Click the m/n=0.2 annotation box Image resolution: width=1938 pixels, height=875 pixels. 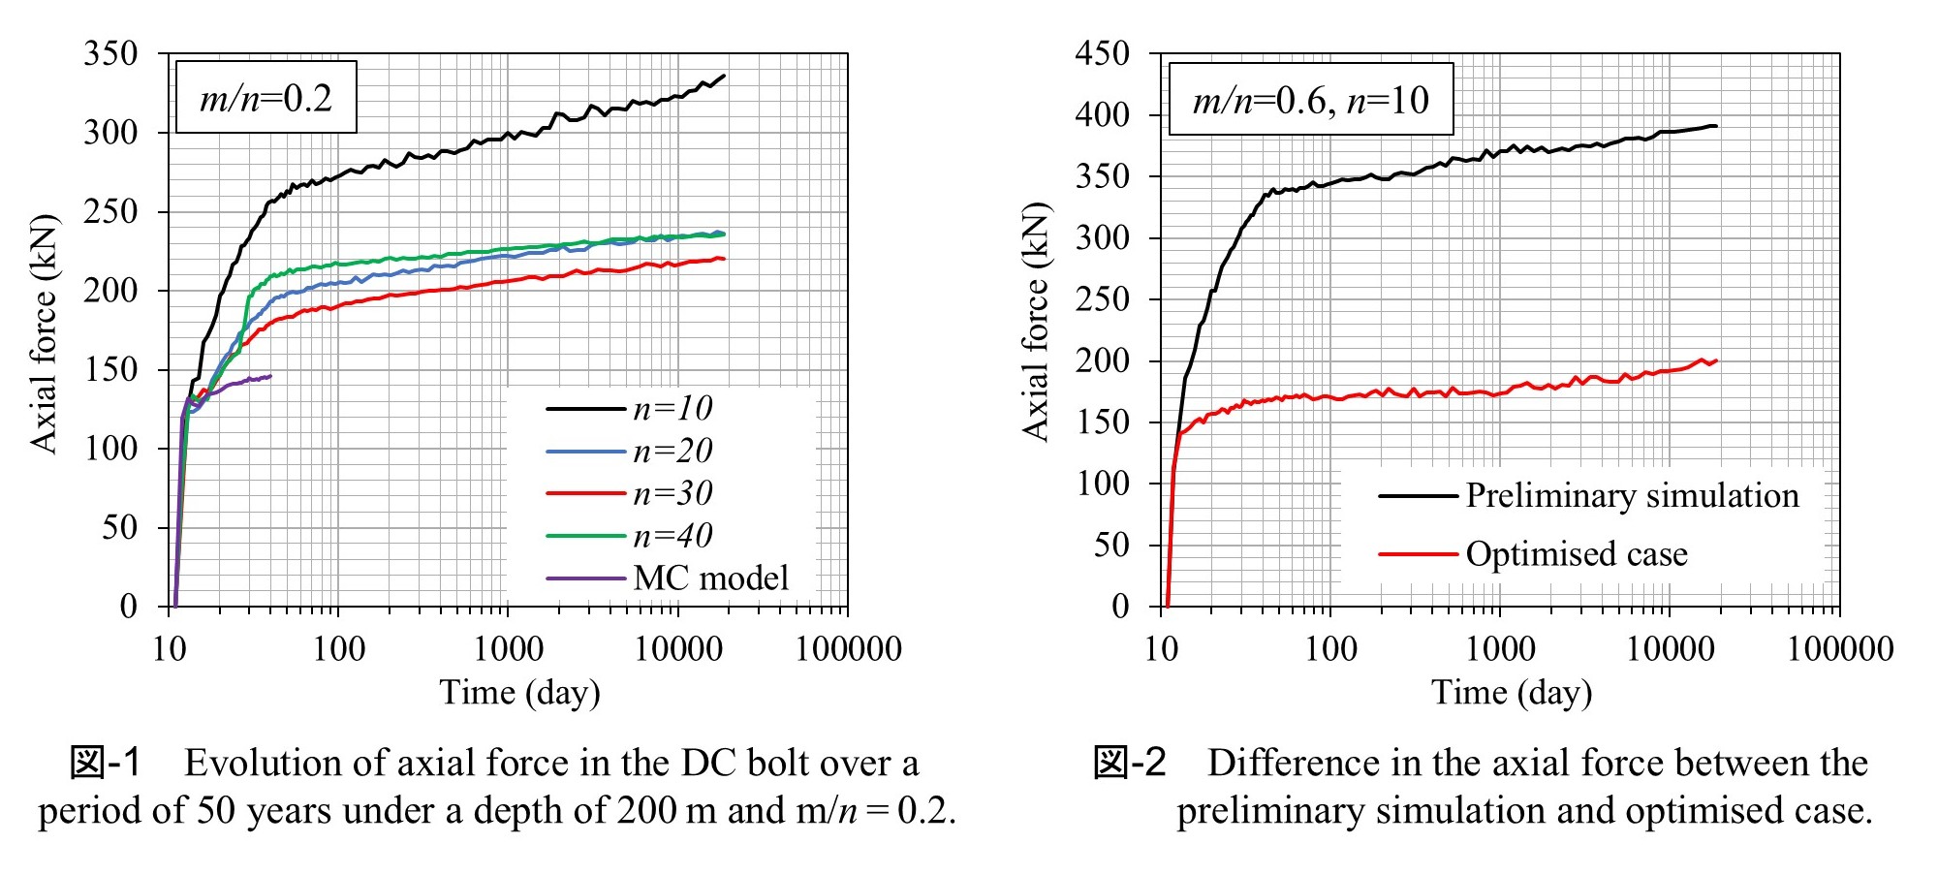click(266, 98)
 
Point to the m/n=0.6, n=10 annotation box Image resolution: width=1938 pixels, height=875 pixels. click(1310, 100)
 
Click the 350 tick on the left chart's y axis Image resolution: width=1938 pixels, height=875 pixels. click(110, 53)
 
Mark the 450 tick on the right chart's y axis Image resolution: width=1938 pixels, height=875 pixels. click(1102, 53)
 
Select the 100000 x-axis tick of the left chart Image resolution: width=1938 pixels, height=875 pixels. click(848, 649)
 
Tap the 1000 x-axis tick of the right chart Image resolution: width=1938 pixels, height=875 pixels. click(1500, 649)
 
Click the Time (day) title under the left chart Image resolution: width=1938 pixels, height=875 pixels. click(519, 693)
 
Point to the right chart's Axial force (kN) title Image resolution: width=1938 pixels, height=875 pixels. click(1036, 322)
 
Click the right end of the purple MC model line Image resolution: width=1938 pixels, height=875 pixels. click(270, 376)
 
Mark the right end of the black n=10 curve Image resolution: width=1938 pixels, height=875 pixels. click(724, 76)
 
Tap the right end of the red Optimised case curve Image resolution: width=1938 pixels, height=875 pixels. click(1716, 360)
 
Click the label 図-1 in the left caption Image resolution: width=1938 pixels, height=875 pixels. click(106, 764)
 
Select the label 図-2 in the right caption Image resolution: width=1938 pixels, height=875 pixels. click(1130, 764)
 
